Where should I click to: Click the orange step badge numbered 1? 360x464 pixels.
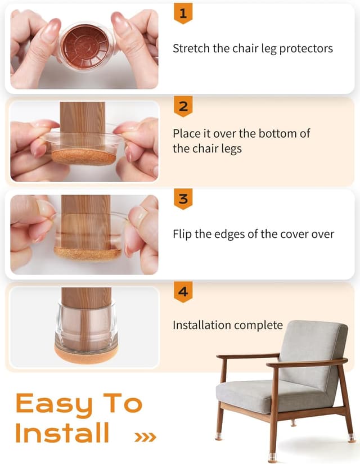183,12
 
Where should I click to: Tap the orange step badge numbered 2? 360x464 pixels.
183,105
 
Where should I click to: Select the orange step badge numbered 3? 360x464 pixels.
183,199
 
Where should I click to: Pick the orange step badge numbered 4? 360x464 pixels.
183,292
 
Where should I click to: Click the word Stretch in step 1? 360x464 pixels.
191,48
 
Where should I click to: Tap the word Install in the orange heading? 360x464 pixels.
62,433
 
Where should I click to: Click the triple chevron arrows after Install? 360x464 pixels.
145,436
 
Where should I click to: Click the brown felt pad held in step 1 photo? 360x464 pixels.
84,47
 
